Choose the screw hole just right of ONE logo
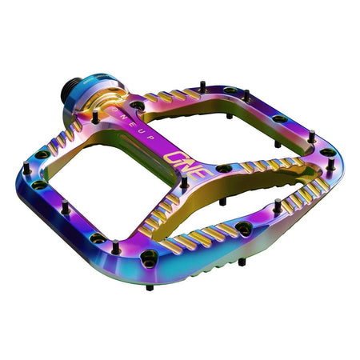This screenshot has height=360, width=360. [225, 169]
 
